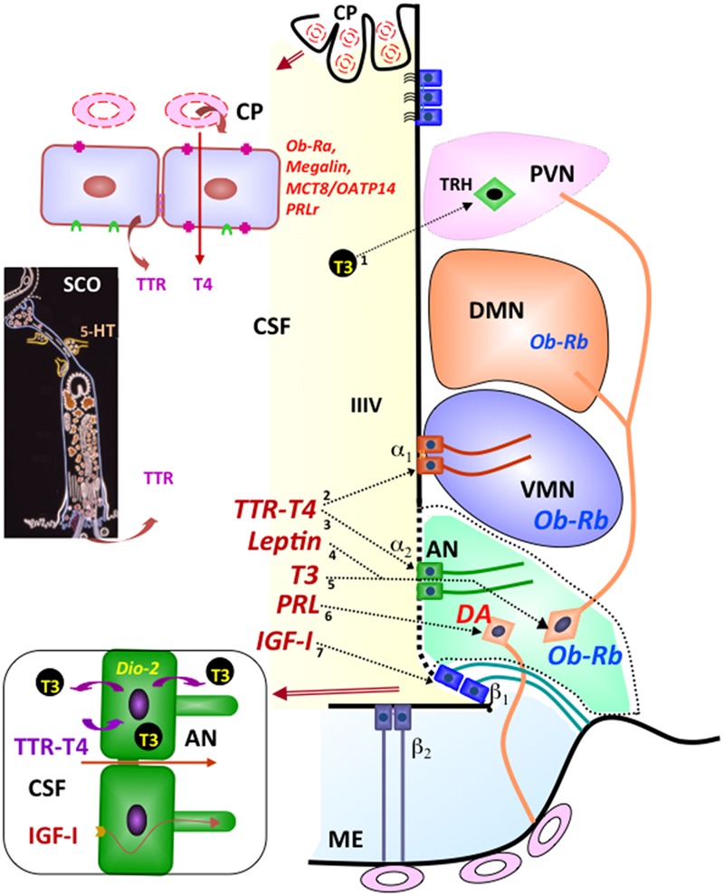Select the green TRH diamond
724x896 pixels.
(x=493, y=192)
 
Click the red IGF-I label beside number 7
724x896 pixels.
(x=285, y=642)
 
